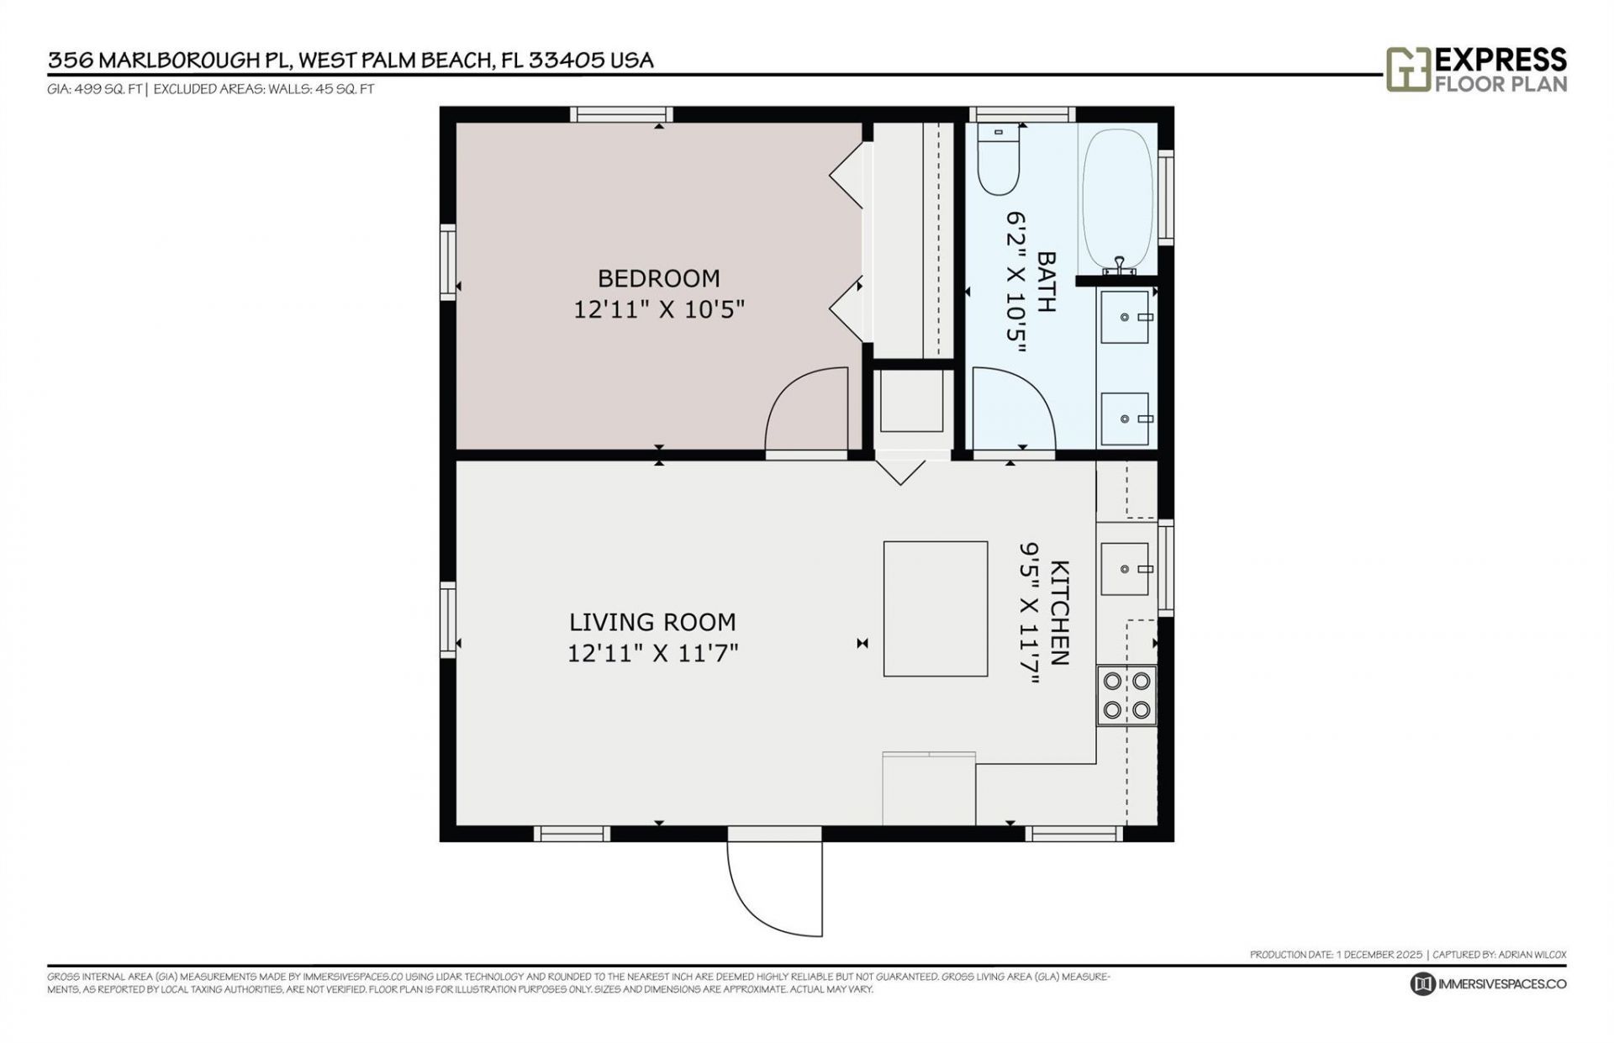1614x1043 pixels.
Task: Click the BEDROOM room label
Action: pos(658,278)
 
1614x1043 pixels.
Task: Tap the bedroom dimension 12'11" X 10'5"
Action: pos(659,310)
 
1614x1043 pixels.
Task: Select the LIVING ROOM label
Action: pos(652,622)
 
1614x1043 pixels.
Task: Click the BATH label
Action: pos(1046,282)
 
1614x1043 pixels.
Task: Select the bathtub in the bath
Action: pos(1117,198)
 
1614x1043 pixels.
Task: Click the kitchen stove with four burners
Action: pos(1126,696)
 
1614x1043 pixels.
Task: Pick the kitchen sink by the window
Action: pos(1125,569)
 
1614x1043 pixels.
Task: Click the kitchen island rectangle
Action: pos(935,608)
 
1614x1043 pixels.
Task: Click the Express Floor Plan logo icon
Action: pos(1408,69)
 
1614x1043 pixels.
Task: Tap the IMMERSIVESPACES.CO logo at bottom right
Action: pos(1489,984)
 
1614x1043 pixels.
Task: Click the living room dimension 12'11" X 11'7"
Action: pos(652,653)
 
